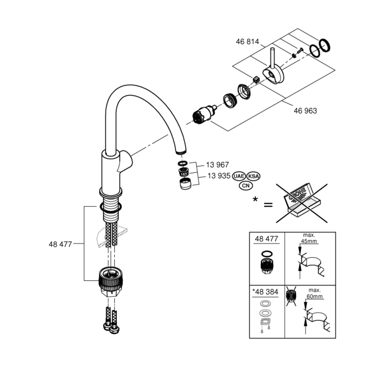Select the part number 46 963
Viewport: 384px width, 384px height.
coord(306,111)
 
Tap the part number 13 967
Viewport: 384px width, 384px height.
coord(218,165)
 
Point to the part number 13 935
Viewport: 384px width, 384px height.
coord(218,176)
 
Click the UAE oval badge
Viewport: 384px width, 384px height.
coord(238,176)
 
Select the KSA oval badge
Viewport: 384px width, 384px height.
coord(253,176)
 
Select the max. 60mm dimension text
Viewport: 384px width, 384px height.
coord(314,294)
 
